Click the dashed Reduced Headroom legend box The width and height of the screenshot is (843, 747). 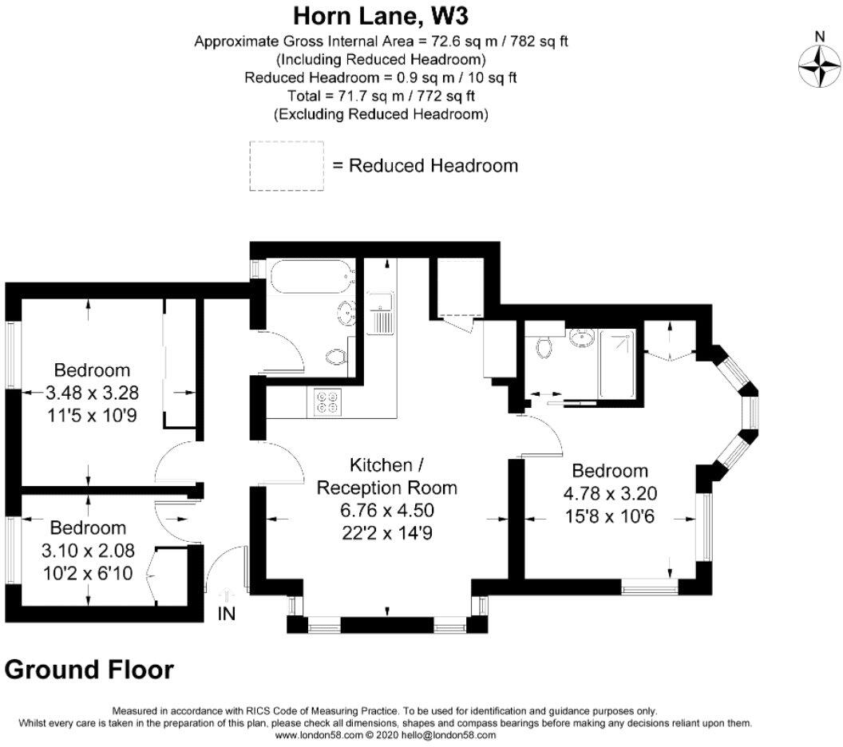pyautogui.click(x=287, y=166)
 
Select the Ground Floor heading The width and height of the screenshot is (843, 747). pyautogui.click(x=89, y=669)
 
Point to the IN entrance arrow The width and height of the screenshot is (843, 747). pyautogui.click(x=226, y=597)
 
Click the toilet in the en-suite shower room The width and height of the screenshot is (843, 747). pyautogui.click(x=546, y=346)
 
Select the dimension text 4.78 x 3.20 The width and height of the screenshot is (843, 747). pyautogui.click(x=610, y=492)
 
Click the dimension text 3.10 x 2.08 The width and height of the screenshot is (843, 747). pyautogui.click(x=87, y=549)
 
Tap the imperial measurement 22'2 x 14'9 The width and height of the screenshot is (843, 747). pyautogui.click(x=386, y=531)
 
